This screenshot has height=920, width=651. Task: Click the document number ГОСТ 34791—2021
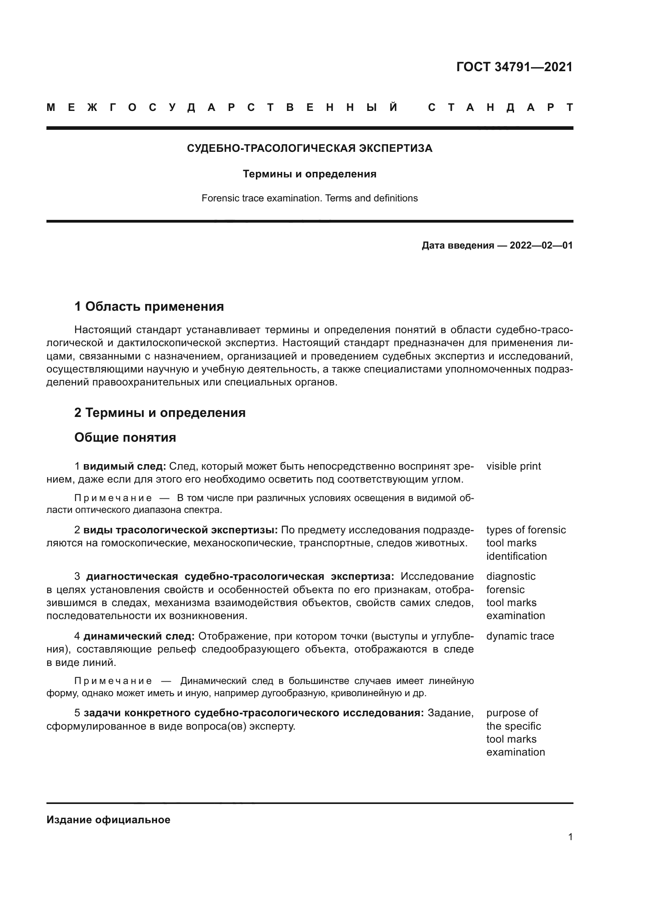point(514,67)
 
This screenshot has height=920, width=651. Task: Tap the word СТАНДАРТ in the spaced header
point(500,107)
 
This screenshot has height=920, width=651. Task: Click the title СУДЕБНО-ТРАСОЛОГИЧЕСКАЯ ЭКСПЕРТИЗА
point(309,148)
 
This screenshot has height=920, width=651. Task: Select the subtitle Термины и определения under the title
point(309,174)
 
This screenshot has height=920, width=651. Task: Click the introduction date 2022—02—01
point(541,245)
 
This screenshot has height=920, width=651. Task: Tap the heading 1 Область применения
point(149,306)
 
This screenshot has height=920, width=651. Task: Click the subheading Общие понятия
point(125,437)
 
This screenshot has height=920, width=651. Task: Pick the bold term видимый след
point(124,466)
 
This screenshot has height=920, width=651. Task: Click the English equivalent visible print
point(514,466)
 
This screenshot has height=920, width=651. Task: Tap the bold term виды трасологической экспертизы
point(180,530)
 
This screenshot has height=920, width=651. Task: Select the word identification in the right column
point(516,556)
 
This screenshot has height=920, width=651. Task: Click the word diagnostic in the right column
point(511,576)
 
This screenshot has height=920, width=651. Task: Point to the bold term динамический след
point(139,636)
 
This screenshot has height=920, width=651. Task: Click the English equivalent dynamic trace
point(520,636)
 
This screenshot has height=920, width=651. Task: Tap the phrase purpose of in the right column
point(512,712)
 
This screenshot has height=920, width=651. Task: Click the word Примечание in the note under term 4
point(113,681)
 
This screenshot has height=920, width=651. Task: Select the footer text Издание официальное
point(108,820)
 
